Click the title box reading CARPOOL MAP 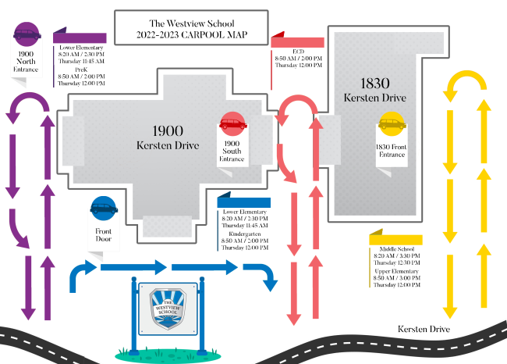tap(190, 29)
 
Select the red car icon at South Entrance tap(232, 123)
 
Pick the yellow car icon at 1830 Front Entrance tap(391, 123)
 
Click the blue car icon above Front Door tap(104, 209)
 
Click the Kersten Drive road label tap(424, 329)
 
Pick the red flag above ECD tap(297, 41)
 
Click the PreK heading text tap(81, 69)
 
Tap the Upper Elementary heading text tap(396, 271)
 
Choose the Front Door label tap(104, 235)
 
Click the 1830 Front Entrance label tap(391, 151)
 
